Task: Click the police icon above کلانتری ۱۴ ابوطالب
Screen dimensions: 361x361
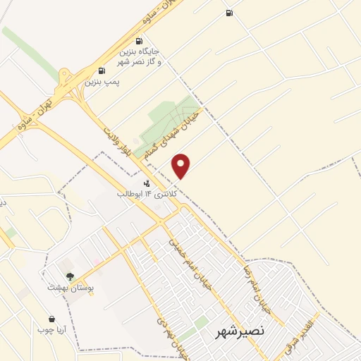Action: pyautogui.click(x=147, y=184)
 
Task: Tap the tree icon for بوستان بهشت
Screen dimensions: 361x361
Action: pyautogui.click(x=69, y=276)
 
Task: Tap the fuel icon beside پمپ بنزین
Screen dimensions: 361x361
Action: pyautogui.click(x=103, y=70)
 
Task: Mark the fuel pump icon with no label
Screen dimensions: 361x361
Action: pyautogui.click(x=228, y=13)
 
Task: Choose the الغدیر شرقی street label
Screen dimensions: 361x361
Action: pyautogui.click(x=300, y=336)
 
